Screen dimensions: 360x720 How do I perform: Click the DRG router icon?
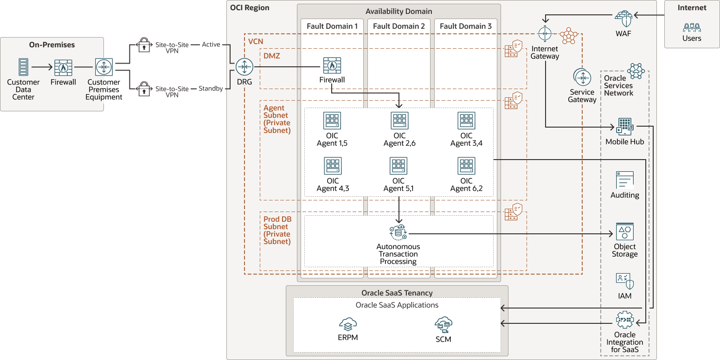click(x=244, y=67)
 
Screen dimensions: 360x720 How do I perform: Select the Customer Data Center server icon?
click(x=23, y=67)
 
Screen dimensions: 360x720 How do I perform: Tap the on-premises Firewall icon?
click(x=63, y=67)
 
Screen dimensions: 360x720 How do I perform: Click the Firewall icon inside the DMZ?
click(x=332, y=66)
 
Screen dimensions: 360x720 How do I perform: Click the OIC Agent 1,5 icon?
click(x=332, y=121)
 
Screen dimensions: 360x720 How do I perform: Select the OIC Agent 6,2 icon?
click(x=466, y=166)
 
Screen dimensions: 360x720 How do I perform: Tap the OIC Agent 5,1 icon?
click(x=399, y=166)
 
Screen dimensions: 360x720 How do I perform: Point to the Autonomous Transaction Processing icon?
click(x=398, y=232)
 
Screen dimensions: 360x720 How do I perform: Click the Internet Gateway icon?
click(x=545, y=34)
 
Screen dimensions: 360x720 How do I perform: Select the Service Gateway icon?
click(x=582, y=77)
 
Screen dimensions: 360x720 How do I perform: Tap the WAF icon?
click(x=623, y=19)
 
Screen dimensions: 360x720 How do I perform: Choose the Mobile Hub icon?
click(x=624, y=127)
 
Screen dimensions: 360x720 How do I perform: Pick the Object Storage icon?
click(x=624, y=231)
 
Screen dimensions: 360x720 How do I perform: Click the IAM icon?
click(x=624, y=281)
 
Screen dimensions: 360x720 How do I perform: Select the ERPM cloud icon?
click(x=347, y=324)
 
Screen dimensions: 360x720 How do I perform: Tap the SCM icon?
click(x=444, y=325)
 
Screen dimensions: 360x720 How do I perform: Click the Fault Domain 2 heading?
click(x=399, y=26)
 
